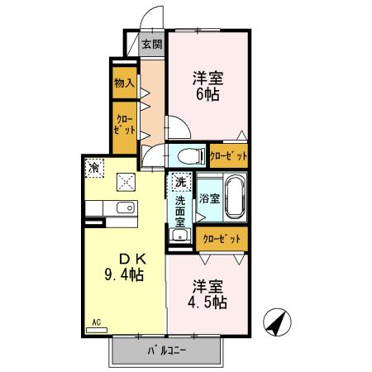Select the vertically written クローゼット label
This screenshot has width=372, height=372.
pos(124,126)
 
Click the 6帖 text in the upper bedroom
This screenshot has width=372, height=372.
pos(208,94)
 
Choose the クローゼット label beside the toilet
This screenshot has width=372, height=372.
pos(227,155)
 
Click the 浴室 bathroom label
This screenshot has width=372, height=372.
pos(208,198)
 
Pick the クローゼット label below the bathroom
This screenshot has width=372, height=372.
pos(222,239)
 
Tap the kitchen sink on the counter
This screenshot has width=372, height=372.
pos(124,207)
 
